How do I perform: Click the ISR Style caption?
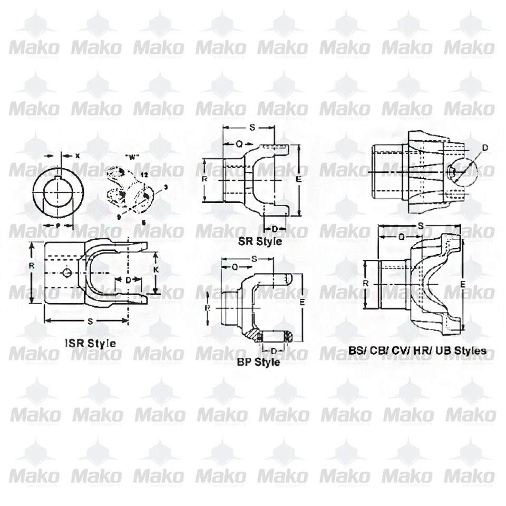90,343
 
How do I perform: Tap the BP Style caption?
258,362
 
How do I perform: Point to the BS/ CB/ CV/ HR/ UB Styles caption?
417,350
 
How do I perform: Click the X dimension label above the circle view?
77,155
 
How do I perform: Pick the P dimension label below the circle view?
57,225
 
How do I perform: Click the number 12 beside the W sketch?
144,173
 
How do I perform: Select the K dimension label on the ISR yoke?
157,269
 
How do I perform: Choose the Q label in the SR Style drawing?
239,143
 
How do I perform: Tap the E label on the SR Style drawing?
298,179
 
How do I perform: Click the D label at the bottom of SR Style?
275,228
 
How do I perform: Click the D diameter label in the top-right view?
485,147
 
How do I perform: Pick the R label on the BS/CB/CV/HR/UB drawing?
366,283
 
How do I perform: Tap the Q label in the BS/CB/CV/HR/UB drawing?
402,237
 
